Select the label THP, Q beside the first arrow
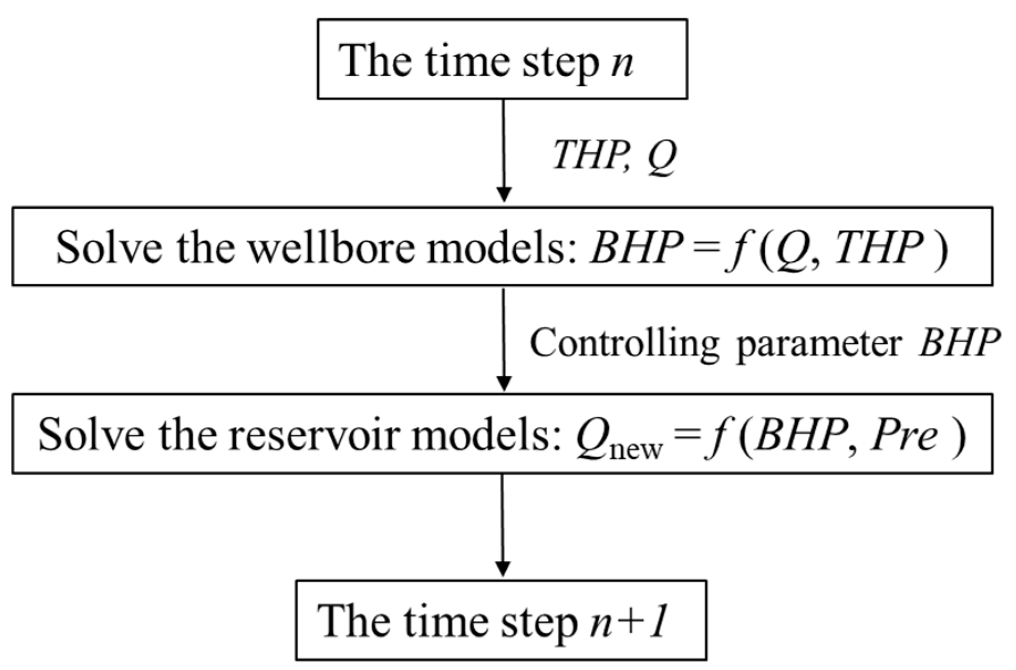613,156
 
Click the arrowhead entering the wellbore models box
504,195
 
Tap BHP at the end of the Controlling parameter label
958,344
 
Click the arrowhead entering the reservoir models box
504,383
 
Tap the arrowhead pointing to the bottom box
502,569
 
